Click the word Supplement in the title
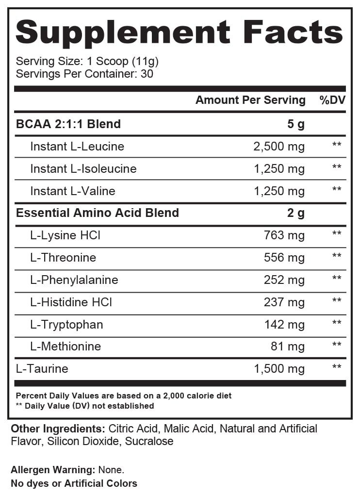point(122,33)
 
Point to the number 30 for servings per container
point(147,74)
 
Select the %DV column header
point(331,100)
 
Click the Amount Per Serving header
point(250,100)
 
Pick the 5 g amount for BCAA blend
point(296,124)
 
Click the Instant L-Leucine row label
point(77,147)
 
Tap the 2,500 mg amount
point(279,147)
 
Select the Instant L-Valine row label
point(73,191)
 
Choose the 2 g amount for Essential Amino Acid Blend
point(296,213)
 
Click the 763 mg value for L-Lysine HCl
point(284,235)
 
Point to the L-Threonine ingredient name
point(63,258)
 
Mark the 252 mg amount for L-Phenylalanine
point(284,280)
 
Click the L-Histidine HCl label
point(71,302)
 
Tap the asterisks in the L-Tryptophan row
point(337,323)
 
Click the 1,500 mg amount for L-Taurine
point(279,369)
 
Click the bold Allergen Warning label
point(53,470)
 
